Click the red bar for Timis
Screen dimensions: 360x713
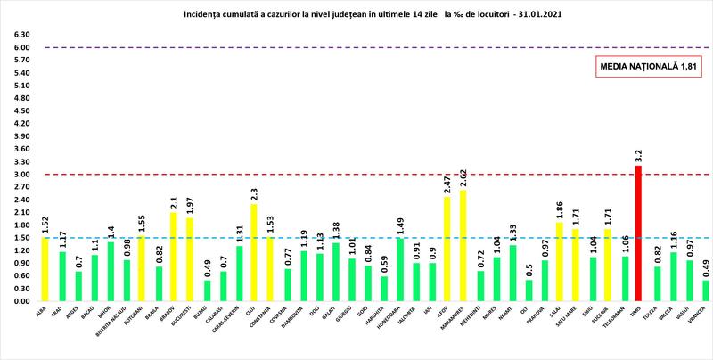pos(638,233)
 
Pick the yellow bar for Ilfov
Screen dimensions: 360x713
pos(447,249)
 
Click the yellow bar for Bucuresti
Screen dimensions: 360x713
pos(190,259)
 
